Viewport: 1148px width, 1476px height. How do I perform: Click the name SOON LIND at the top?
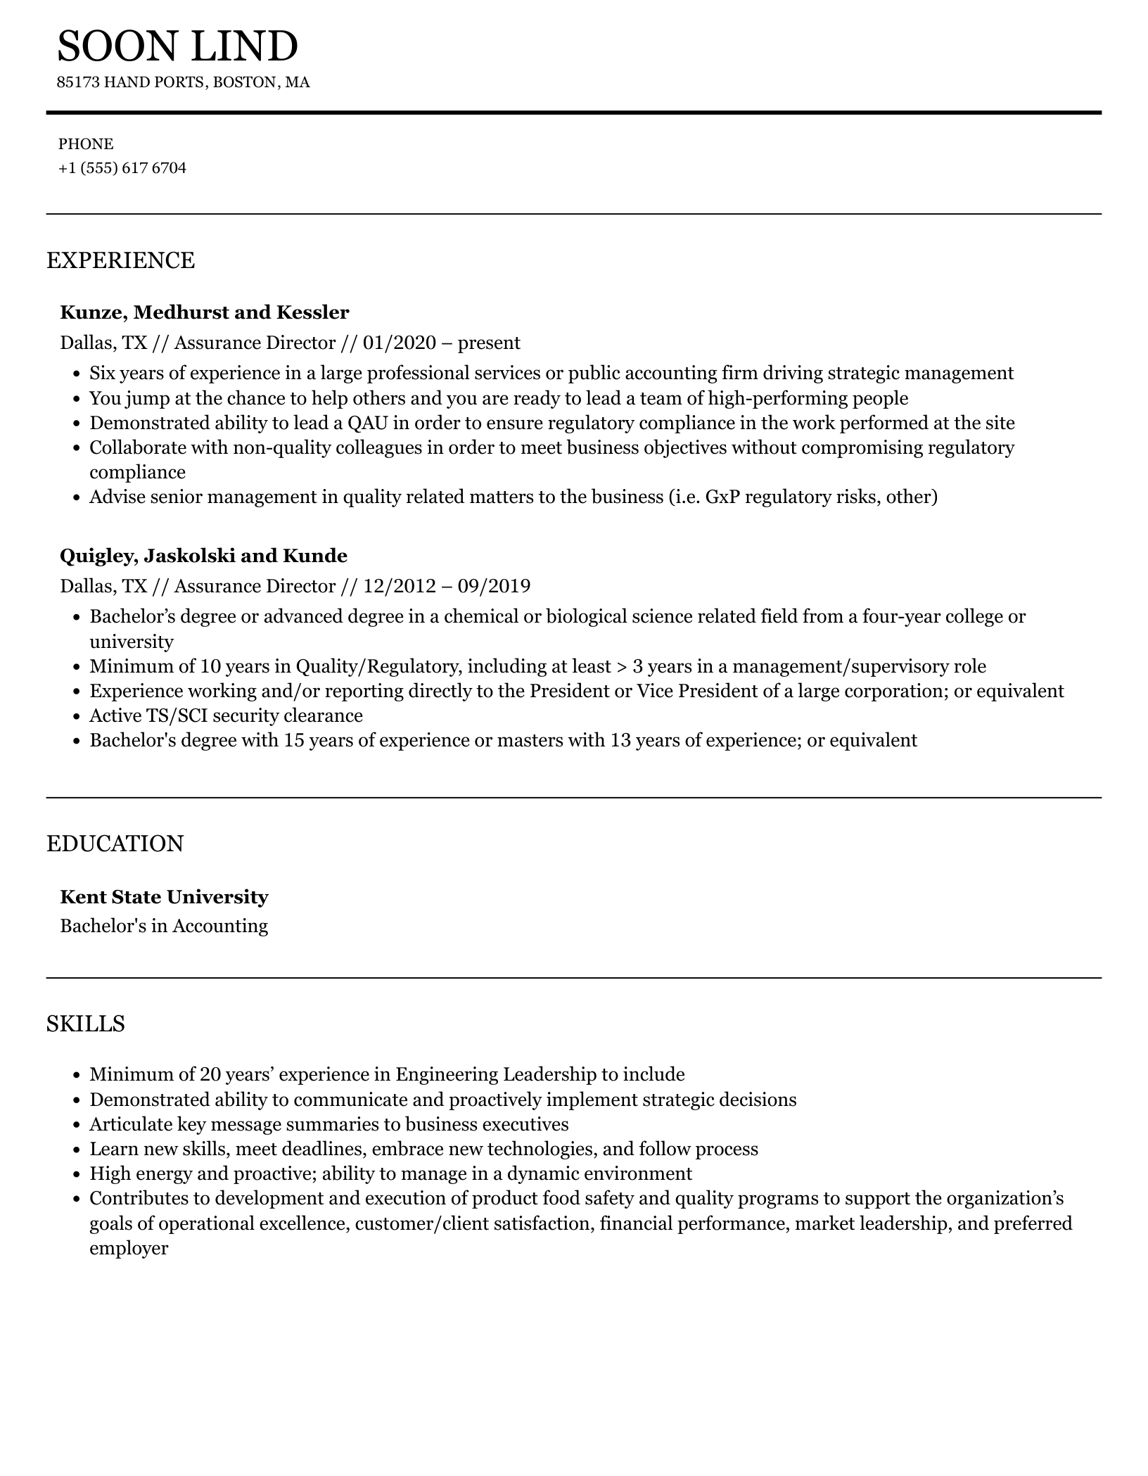tap(177, 46)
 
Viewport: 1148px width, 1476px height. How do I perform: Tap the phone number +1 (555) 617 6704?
tap(122, 168)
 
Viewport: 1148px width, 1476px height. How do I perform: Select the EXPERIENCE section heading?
tap(120, 260)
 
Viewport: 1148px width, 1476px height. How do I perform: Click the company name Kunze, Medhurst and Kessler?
tap(205, 312)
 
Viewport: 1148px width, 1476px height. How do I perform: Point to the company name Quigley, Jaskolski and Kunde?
tap(203, 556)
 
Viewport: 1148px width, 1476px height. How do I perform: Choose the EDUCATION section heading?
tap(115, 844)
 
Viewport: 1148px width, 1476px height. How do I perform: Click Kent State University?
tap(164, 897)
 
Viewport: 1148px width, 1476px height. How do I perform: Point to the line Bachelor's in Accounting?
tap(164, 926)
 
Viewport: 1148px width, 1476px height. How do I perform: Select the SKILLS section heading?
tap(85, 1024)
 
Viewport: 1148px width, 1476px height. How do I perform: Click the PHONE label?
tap(86, 144)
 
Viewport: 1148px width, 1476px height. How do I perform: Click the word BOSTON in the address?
tap(245, 83)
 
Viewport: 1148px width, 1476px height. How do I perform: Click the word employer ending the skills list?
tap(129, 1249)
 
